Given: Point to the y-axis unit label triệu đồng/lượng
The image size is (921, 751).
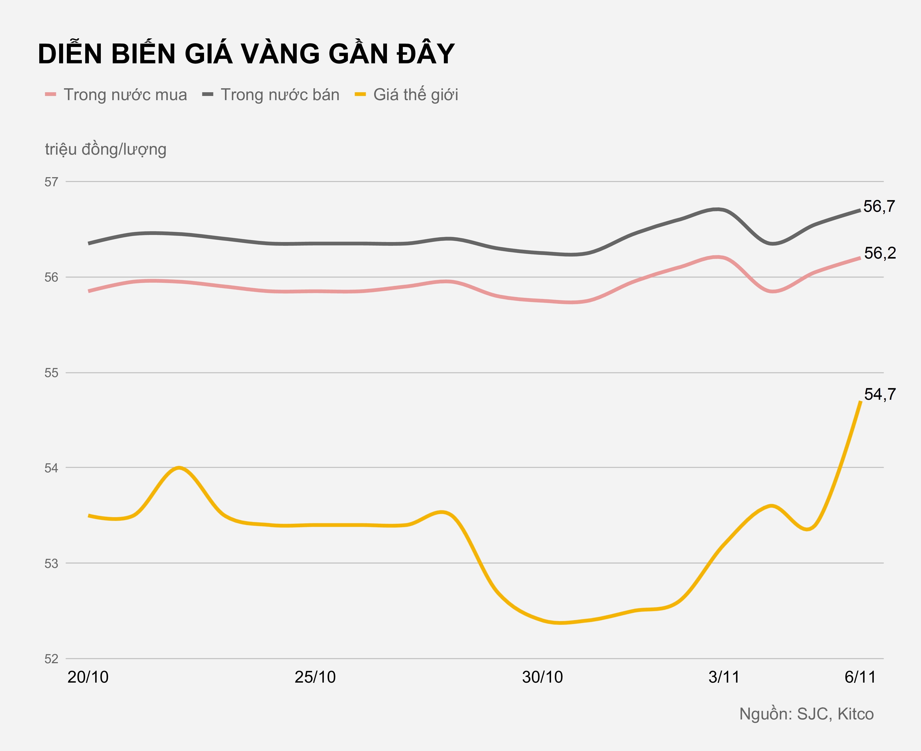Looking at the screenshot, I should (x=105, y=149).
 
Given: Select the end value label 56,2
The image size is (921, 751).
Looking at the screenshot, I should (x=880, y=253).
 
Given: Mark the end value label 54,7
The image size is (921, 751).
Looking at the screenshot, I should (x=880, y=394).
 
